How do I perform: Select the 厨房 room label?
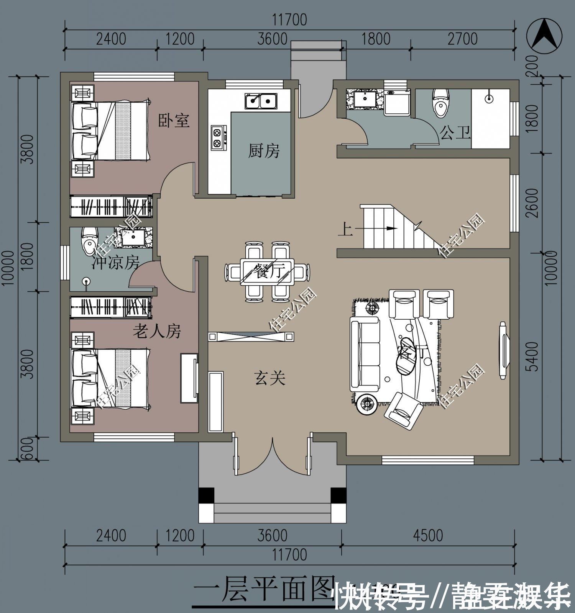[x=264, y=151]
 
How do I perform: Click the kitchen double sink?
[x=261, y=101]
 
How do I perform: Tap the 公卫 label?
[x=455, y=133]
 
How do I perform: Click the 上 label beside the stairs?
[x=345, y=230]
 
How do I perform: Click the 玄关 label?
[x=269, y=379]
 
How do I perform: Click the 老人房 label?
[x=156, y=331]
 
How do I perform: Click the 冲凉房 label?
[x=115, y=263]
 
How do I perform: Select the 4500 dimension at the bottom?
[x=428, y=535]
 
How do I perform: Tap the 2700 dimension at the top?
[x=462, y=39]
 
